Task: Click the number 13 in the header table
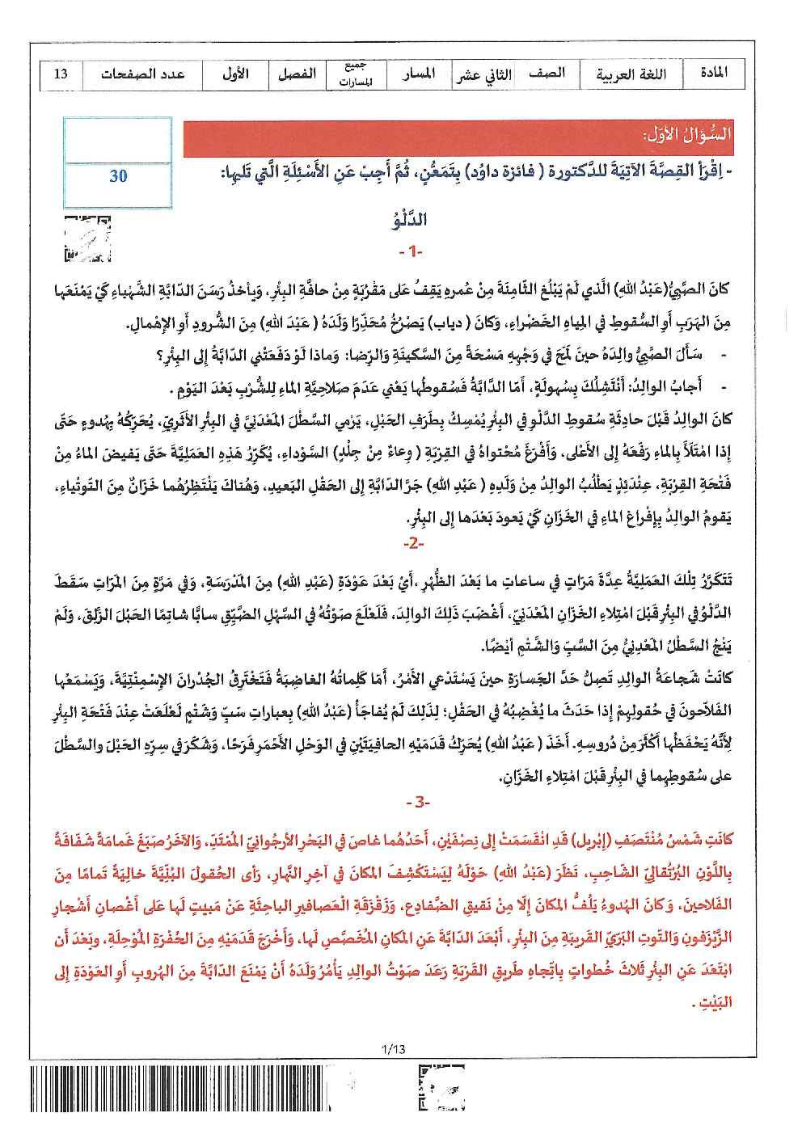pos(61,74)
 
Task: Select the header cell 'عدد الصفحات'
pos(142,74)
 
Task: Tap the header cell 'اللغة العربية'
pos(631,74)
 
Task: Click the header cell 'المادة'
pos(713,74)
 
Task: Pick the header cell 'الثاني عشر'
pos(483,75)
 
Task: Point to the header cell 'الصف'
pos(547,74)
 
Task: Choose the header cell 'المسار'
pos(419,74)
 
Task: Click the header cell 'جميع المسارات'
pos(356,74)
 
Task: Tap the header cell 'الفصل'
pos(297,74)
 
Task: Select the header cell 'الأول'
pos(235,74)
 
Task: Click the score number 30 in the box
pos(118,176)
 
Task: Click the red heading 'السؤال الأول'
pos(687,135)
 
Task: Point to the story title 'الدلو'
pos(410,220)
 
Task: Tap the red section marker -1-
pos(411,252)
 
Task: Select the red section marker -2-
pos(413,543)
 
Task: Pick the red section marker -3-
pos(418,803)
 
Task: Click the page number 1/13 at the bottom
pos(393,1049)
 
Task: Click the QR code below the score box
pos(87,239)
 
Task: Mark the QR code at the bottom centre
pos(441,1089)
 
